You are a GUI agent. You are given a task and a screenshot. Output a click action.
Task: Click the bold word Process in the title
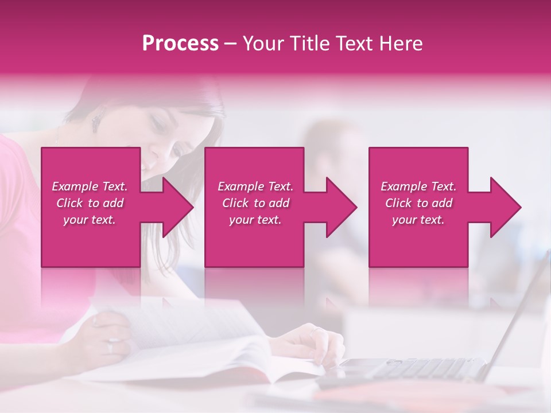click(x=180, y=44)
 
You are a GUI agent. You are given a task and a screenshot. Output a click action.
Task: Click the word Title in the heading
click(x=312, y=44)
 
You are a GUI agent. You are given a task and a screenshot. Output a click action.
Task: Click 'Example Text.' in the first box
click(x=90, y=186)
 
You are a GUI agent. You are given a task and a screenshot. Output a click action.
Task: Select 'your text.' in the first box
click(x=90, y=220)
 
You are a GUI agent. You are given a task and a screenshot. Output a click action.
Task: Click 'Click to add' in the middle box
click(x=255, y=203)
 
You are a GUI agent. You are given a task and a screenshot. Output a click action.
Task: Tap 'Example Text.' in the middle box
click(x=255, y=186)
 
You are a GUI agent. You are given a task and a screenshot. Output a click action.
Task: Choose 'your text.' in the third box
click(x=418, y=220)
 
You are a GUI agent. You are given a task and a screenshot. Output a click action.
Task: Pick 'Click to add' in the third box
click(x=418, y=203)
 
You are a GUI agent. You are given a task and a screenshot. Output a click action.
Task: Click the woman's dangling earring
click(x=96, y=122)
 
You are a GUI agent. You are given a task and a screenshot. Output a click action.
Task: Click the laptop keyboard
click(x=413, y=367)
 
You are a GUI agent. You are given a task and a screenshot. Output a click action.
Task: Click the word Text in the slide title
click(x=356, y=44)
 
